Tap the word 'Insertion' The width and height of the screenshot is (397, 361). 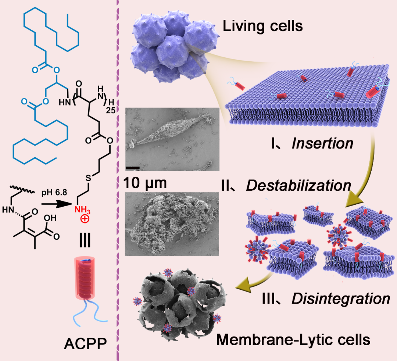322,143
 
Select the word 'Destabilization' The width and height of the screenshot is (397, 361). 298,185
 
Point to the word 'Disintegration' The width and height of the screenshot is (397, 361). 340,298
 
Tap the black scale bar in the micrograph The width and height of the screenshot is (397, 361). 133,168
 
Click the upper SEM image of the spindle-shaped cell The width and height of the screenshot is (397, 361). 172,139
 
